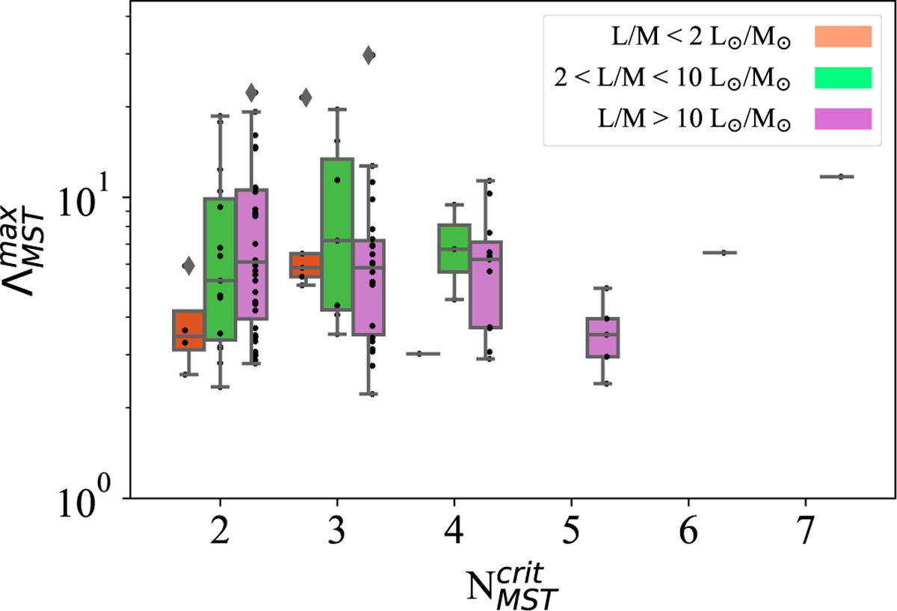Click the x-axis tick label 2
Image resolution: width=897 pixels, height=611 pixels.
click(220, 532)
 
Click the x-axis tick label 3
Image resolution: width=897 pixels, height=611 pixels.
click(337, 532)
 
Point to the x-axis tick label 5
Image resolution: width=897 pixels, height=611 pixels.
click(572, 532)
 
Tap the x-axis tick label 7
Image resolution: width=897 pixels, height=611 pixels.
click(806, 532)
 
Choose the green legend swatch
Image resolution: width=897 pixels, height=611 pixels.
click(843, 77)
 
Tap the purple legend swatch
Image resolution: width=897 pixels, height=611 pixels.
click(843, 118)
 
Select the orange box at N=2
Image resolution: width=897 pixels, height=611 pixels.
click(188, 330)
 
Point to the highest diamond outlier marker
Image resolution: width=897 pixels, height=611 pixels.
click(369, 55)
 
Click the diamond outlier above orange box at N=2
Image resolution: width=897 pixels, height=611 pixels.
click(188, 265)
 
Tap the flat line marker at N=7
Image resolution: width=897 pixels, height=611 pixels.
click(836, 176)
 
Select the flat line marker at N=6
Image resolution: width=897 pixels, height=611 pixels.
click(720, 253)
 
